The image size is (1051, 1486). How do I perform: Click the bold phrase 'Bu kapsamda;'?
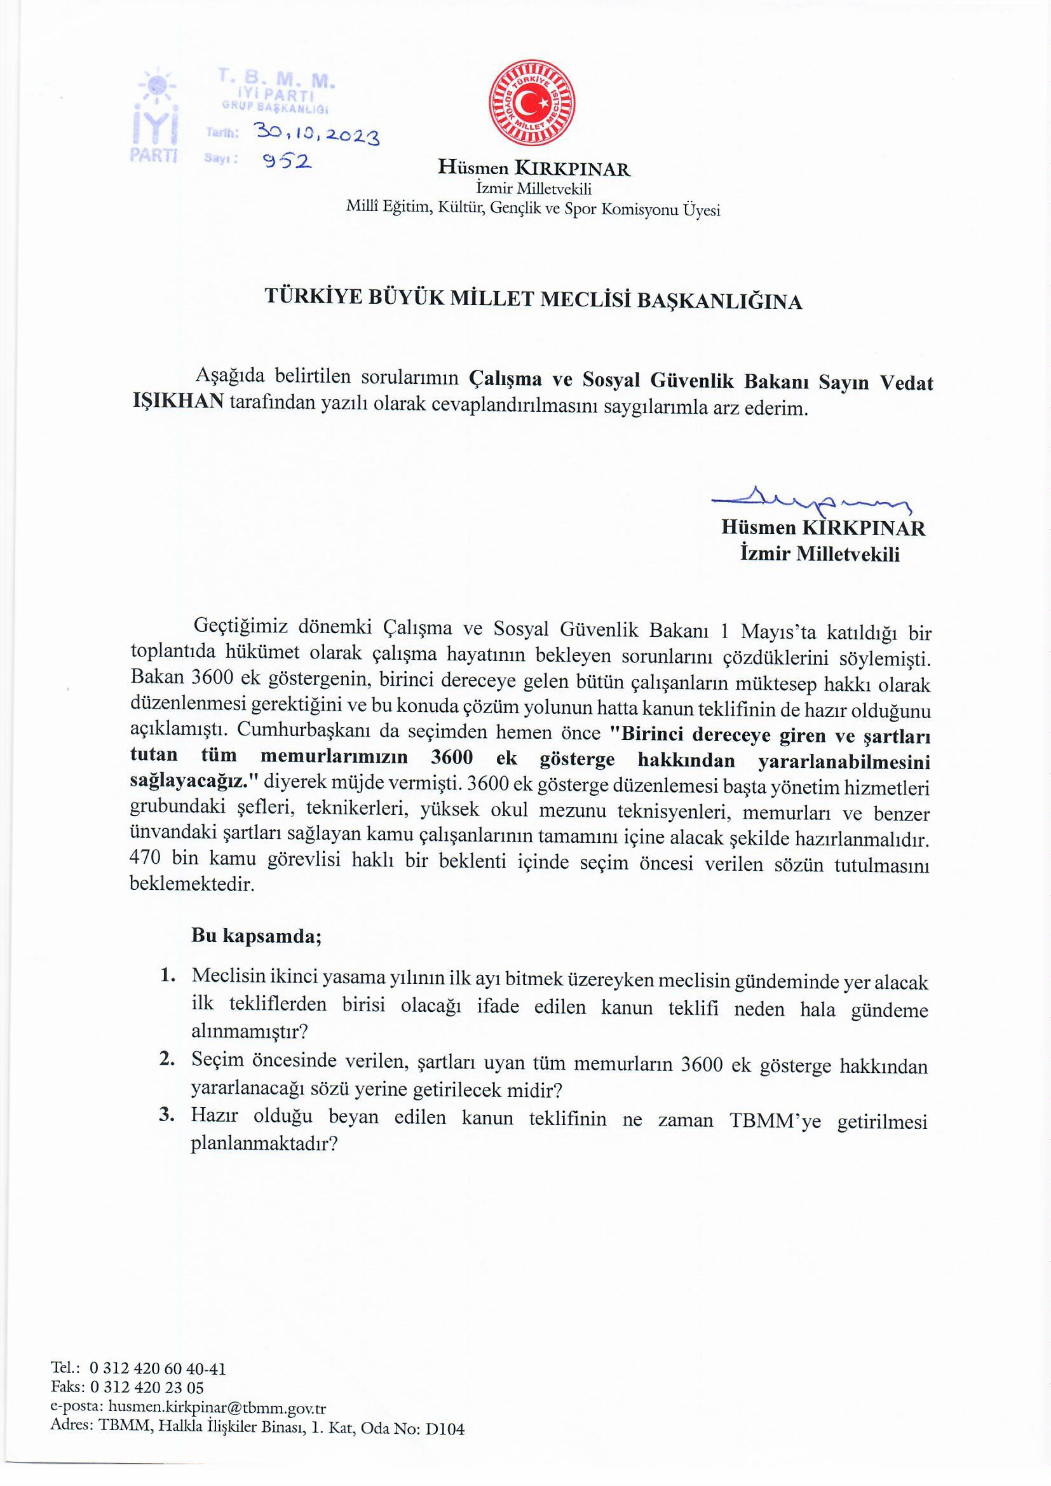point(257,935)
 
